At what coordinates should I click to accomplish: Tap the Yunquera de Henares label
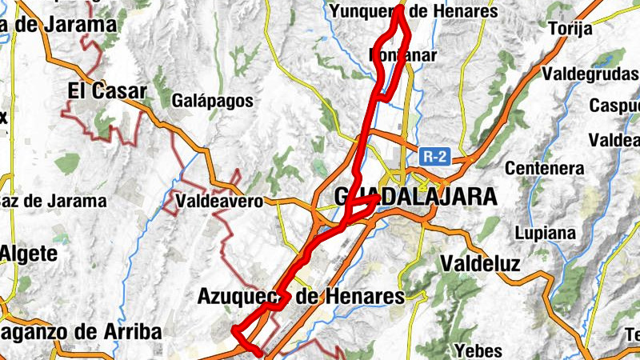tap(414, 11)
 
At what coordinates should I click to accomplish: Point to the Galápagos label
tap(213, 102)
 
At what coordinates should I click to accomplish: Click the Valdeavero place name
tap(220, 202)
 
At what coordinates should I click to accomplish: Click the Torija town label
tap(570, 29)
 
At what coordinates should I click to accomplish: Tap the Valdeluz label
tap(480, 263)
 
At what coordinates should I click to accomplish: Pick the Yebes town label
tap(478, 350)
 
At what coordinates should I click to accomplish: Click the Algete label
tap(29, 254)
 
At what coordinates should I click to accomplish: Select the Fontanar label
tap(403, 55)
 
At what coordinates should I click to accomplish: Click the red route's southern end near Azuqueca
tap(258, 351)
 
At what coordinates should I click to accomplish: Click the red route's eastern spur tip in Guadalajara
tap(376, 197)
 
